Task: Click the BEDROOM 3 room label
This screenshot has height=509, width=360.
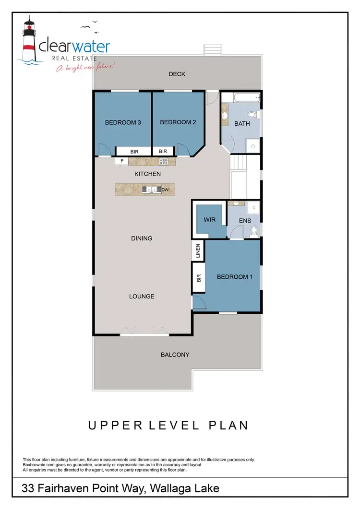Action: coord(123,122)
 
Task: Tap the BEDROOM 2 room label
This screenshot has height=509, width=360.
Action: coord(178,122)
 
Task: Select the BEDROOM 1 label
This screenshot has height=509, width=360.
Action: coord(235,277)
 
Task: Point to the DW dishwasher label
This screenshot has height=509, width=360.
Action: coord(165,190)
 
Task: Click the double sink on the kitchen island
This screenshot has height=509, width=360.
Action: coord(152,189)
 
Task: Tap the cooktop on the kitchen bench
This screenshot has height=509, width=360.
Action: coord(164,162)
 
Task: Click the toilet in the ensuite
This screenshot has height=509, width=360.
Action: coord(254,231)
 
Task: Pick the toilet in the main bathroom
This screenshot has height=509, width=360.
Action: coord(254,115)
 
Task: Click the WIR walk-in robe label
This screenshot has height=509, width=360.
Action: coord(209,220)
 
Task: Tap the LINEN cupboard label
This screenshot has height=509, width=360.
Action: coord(198,250)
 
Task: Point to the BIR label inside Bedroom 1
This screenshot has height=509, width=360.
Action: coord(198,278)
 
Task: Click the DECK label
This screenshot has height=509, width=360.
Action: coord(177,74)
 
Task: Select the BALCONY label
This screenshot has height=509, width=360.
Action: coord(175,355)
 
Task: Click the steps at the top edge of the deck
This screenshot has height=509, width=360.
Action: coord(213,50)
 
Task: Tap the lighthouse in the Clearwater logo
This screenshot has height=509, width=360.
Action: coord(30,41)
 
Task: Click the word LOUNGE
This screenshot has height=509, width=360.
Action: coord(142,296)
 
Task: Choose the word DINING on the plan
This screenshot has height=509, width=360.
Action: coord(142,238)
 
